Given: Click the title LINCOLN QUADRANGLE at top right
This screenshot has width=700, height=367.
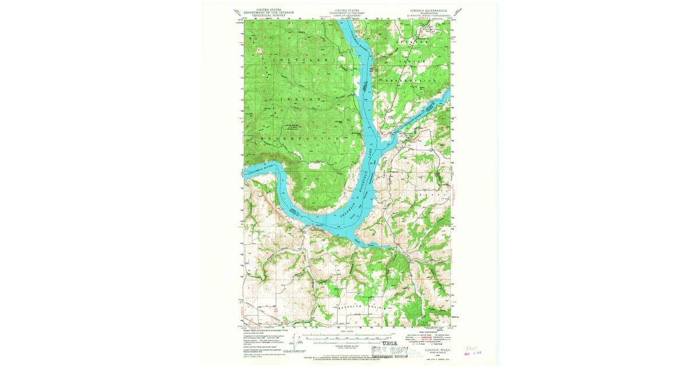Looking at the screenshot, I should click(428, 10).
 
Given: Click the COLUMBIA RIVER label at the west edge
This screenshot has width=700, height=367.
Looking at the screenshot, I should click(257, 171).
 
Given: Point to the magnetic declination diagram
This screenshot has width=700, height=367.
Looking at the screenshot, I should click(298, 344).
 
